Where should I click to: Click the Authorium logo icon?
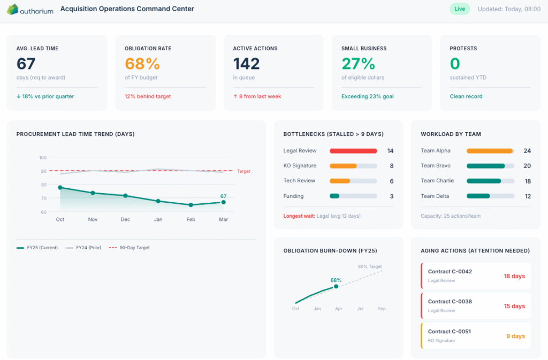click(x=12, y=9)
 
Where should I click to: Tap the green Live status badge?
click(x=459, y=9)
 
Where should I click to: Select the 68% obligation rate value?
click(x=142, y=64)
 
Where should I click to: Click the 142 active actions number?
click(x=246, y=64)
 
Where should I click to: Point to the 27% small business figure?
click(x=358, y=64)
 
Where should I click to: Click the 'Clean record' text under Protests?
click(x=466, y=97)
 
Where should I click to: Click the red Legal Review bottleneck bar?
click(x=353, y=151)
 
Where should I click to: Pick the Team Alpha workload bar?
click(x=490, y=151)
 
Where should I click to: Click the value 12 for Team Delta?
click(x=527, y=196)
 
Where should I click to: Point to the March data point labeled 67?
click(x=223, y=202)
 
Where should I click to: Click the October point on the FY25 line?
click(x=60, y=188)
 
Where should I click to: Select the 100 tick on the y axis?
click(x=43, y=158)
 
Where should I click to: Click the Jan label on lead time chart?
click(x=158, y=220)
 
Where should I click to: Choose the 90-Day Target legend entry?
click(x=129, y=248)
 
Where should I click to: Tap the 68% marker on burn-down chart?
click(x=336, y=286)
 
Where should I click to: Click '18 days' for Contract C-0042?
click(x=514, y=277)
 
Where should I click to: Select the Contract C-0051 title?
click(x=449, y=332)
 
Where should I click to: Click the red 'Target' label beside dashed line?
click(x=243, y=171)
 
